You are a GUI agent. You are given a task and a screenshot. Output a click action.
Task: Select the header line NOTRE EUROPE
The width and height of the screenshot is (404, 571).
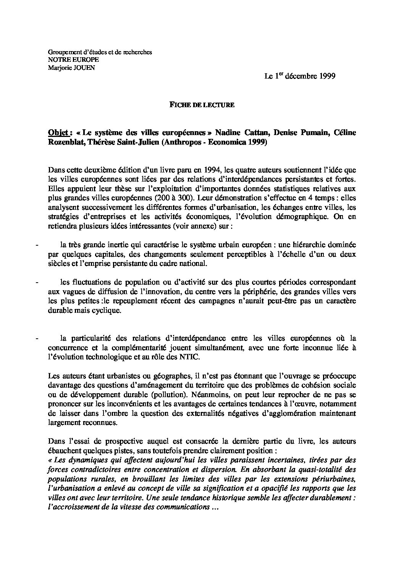click(x=68, y=60)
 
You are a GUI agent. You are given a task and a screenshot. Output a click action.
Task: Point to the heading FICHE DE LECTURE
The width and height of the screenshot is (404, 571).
click(x=202, y=105)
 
